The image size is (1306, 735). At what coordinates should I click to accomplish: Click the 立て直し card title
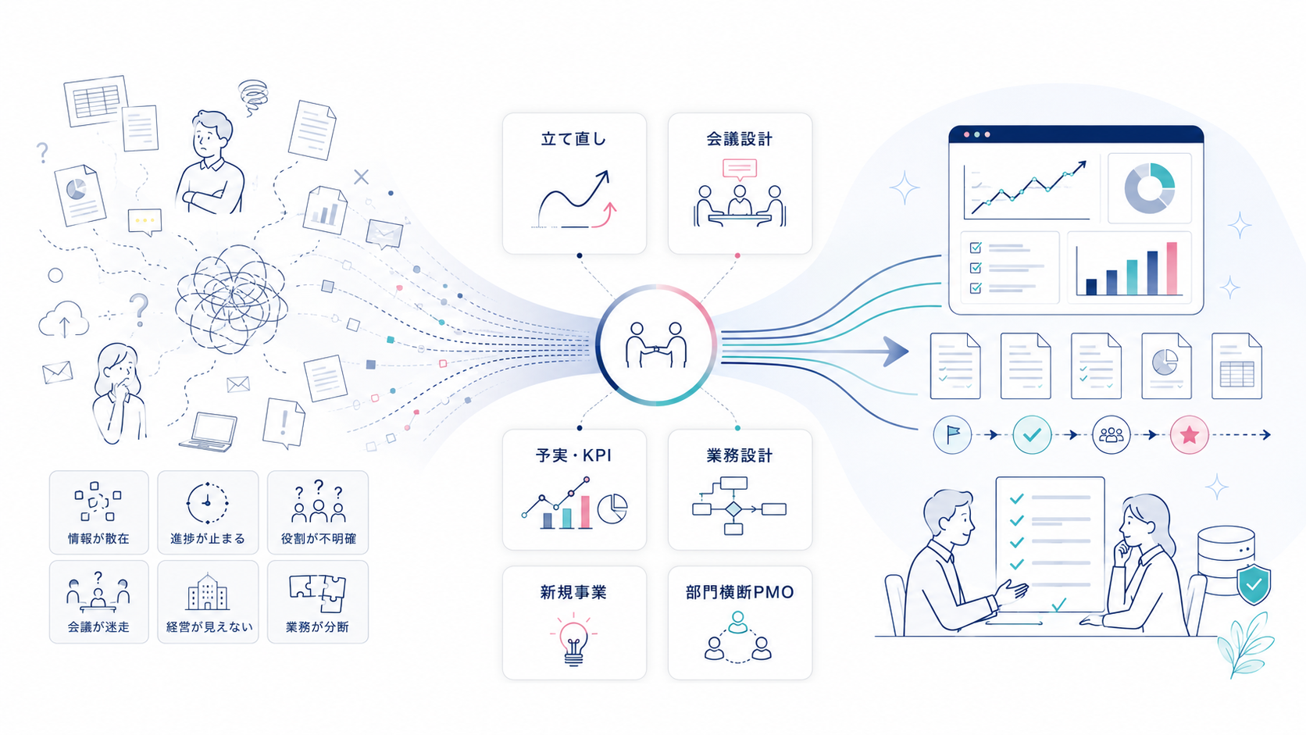point(573,139)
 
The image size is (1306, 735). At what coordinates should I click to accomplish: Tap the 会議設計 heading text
point(739,139)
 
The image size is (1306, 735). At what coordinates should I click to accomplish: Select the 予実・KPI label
point(573,455)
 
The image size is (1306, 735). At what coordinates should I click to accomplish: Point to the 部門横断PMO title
point(739,592)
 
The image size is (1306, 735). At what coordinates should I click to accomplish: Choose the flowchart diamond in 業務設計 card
point(733,509)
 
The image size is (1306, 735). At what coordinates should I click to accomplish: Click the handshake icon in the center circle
point(656,345)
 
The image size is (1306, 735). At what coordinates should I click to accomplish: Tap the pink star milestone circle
point(1189,435)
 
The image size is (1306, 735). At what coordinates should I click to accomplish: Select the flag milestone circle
point(952,435)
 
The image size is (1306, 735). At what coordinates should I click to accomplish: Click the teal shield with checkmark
point(1254,584)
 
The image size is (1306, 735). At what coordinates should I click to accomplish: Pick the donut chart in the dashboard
point(1149,188)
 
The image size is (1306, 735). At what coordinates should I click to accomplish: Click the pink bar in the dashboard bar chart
point(1172,269)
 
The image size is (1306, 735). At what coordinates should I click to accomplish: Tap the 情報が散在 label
point(98,539)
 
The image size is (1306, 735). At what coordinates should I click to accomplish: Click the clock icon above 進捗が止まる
point(207,503)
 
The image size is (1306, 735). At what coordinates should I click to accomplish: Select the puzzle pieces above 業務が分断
point(318,593)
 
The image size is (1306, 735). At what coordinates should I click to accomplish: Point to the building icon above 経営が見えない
point(208,591)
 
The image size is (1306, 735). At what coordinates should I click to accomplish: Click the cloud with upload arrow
point(63,319)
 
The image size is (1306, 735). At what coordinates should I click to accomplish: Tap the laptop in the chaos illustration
point(209,432)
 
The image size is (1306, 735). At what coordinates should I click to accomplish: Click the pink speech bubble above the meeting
point(739,169)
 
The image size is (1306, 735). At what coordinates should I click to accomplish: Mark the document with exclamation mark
point(284,423)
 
